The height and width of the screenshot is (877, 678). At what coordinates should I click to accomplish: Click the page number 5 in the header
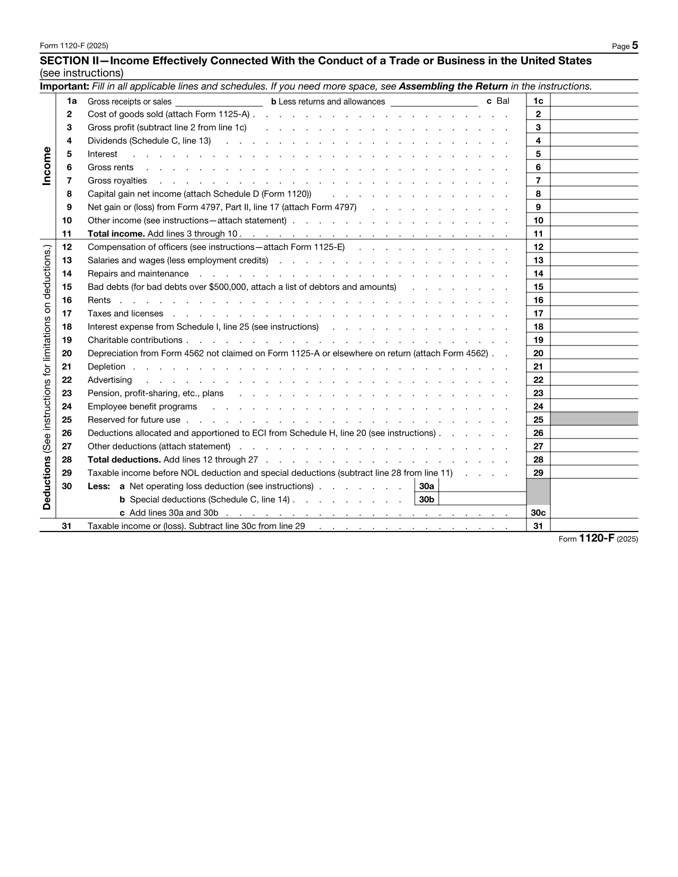(x=634, y=46)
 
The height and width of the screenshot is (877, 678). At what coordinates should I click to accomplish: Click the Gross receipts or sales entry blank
(x=219, y=101)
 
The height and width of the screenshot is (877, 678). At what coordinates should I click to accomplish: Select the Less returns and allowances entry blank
(x=434, y=101)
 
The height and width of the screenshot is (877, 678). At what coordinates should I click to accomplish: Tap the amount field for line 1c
(x=594, y=100)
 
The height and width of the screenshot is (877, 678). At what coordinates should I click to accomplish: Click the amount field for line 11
(x=594, y=233)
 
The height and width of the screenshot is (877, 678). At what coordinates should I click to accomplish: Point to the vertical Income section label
(x=47, y=166)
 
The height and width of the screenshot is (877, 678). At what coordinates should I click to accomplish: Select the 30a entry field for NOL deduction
(x=482, y=486)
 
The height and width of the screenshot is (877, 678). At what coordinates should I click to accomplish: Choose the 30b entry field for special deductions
(x=482, y=499)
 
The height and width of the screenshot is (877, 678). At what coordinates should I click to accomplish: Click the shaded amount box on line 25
(x=594, y=419)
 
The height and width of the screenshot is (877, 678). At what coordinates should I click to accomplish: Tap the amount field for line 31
(x=594, y=526)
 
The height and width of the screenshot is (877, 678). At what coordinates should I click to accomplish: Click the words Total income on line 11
(x=116, y=234)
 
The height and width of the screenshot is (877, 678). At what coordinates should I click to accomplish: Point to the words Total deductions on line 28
(x=124, y=460)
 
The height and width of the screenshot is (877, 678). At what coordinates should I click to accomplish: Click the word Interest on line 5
(x=103, y=154)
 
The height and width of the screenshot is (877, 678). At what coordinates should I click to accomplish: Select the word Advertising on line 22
(x=110, y=380)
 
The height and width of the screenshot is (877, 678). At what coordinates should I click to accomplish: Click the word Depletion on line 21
(x=106, y=367)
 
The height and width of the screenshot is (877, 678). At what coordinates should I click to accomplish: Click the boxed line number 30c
(x=538, y=513)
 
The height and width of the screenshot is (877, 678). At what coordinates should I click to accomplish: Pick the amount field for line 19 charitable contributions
(x=594, y=340)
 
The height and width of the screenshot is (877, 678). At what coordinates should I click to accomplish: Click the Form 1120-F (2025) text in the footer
(x=598, y=539)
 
